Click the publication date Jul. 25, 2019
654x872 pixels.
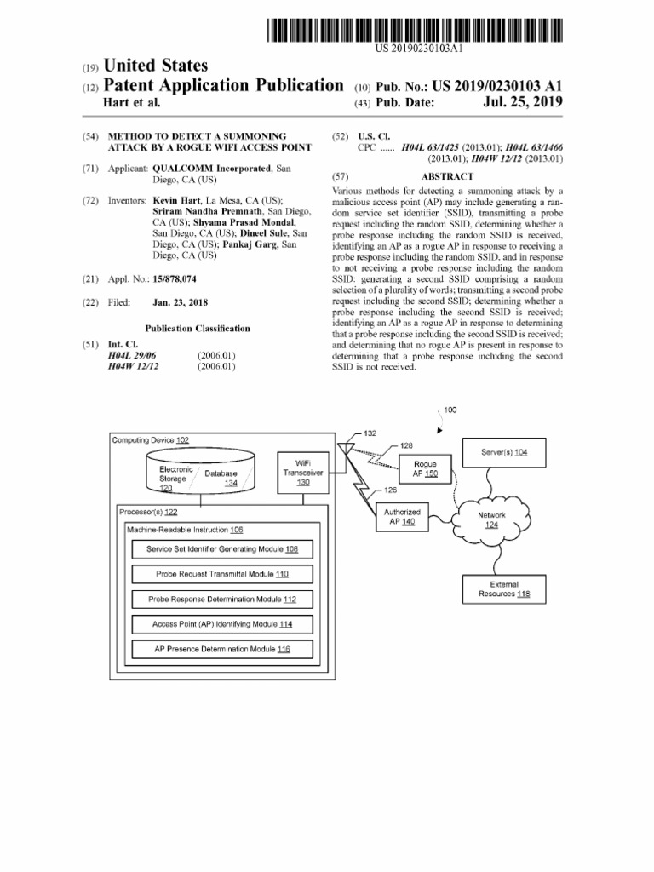point(522,103)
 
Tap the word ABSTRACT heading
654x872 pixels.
point(447,176)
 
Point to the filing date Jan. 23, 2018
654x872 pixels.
point(181,302)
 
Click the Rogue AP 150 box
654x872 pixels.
point(424,469)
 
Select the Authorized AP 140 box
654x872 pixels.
point(401,517)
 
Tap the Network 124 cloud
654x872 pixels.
point(491,519)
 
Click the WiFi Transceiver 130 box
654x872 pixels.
point(303,472)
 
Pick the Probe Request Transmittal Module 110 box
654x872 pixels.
point(222,574)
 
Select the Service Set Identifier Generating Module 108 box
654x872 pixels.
point(222,549)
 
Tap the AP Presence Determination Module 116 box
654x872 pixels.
point(222,649)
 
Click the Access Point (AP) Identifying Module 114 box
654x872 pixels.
point(222,624)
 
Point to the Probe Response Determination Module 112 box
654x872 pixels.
point(222,599)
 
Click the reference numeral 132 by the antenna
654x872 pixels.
point(370,433)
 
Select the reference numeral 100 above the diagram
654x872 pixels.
point(450,410)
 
